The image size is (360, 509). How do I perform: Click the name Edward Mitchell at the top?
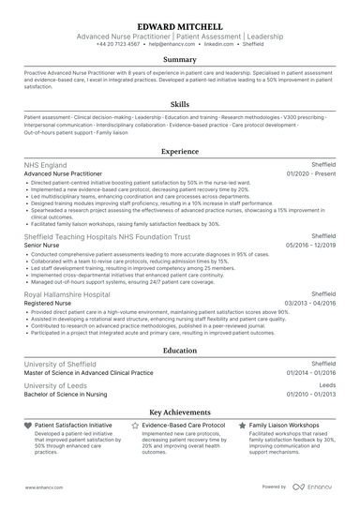pos(180,26)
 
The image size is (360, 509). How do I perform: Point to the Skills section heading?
pos(180,105)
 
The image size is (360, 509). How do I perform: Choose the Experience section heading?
pos(180,150)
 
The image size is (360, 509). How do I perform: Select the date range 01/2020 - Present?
pos(312,174)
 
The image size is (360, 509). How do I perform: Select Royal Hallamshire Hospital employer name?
pos(73,294)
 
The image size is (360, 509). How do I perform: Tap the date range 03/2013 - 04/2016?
pos(310,304)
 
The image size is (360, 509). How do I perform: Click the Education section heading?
pos(180,351)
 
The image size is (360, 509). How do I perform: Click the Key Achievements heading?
pos(180,412)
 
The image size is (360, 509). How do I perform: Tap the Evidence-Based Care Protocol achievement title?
pos(184,426)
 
